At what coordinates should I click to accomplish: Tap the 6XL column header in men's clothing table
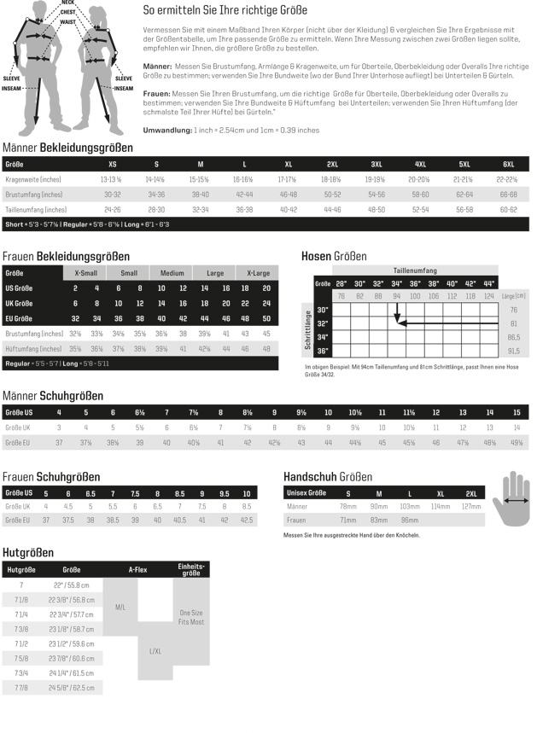pos(508,164)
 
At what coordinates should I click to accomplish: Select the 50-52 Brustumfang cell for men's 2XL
pos(332,194)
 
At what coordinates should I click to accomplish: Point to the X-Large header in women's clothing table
pos(258,273)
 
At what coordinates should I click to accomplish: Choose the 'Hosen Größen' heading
pos(334,256)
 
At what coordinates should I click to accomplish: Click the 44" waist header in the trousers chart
pos(489,283)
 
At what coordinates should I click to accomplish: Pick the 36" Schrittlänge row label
pos(323,351)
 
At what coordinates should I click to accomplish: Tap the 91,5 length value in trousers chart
pos(514,351)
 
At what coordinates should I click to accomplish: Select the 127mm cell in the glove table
pos(470,506)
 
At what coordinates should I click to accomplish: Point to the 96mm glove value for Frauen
pos(410,520)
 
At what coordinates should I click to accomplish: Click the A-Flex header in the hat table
pos(137,568)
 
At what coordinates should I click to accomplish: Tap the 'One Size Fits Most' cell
pos(191,618)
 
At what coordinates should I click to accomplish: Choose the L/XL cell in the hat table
pos(156,650)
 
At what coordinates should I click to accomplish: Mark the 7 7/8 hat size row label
pos(21,686)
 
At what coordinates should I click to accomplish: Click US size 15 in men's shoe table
pos(517,412)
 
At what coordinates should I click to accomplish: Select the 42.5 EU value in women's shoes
pos(247,520)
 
